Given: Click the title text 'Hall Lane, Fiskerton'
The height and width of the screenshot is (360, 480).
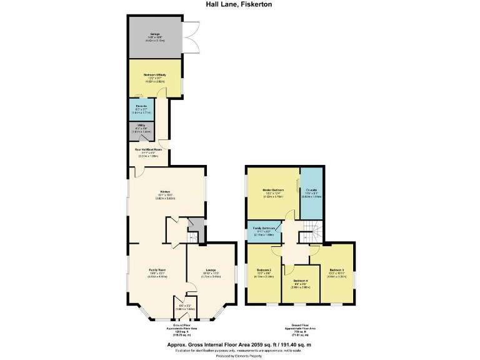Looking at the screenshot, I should [x=239, y=4].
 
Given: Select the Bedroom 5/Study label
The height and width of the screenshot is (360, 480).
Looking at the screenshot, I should [x=154, y=77].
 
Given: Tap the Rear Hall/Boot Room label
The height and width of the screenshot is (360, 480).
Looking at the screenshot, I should [x=149, y=151].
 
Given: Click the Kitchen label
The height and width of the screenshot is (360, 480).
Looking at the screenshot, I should [x=166, y=193].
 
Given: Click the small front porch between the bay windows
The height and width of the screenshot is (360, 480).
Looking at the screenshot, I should [x=181, y=306].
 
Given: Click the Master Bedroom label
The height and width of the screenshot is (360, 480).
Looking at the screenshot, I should [x=272, y=191].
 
